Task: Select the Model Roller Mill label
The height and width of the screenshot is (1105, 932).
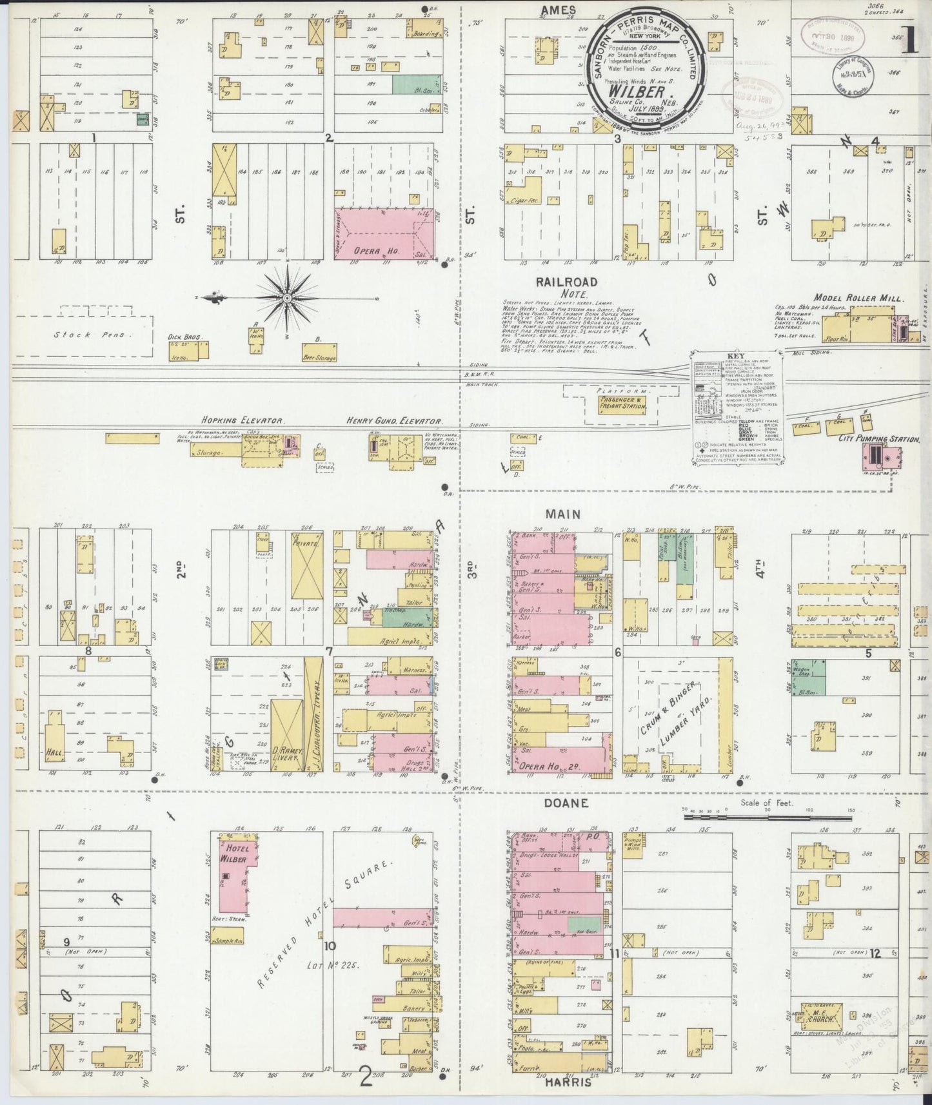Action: (858, 298)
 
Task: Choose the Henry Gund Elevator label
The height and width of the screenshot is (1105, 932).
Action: (393, 420)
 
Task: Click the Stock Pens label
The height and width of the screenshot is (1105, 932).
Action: (84, 334)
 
